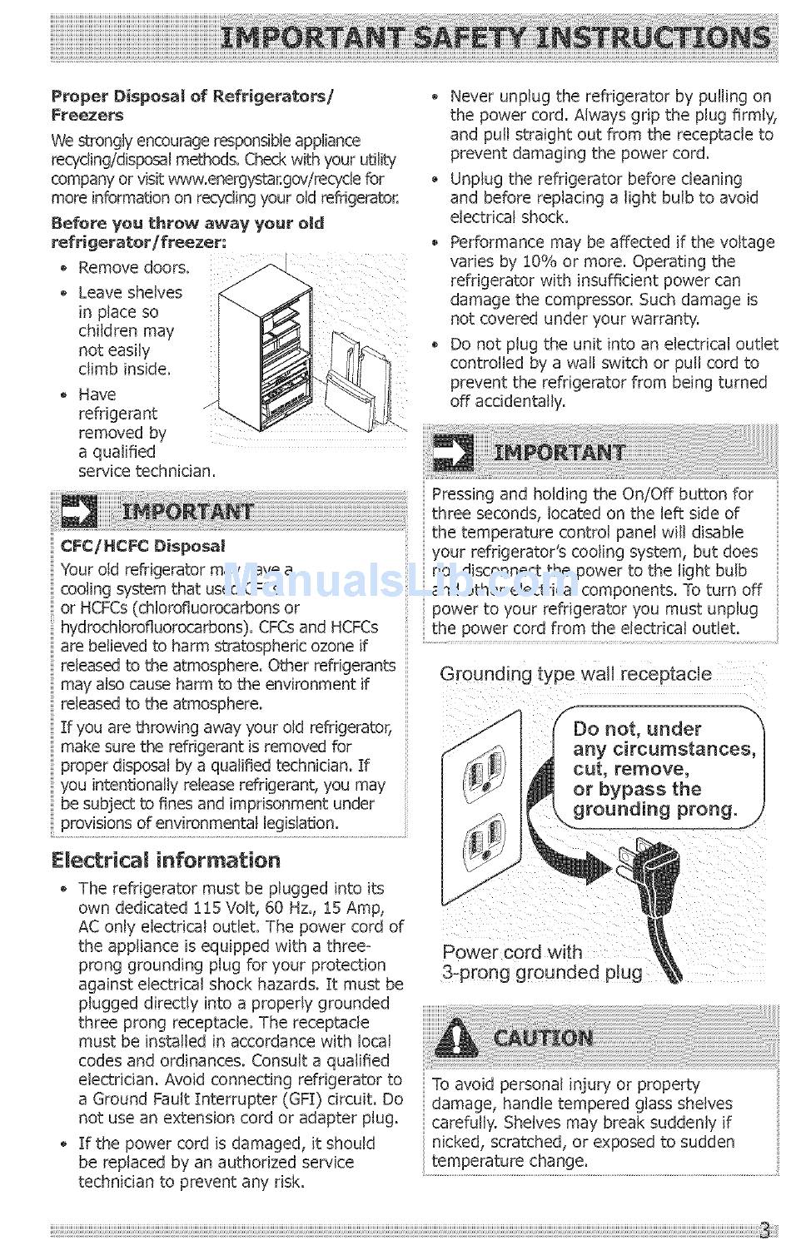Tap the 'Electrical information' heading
(x=166, y=860)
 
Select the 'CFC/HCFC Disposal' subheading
(x=142, y=546)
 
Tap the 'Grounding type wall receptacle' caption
(x=575, y=673)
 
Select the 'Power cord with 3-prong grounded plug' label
(x=541, y=962)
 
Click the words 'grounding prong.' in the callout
(x=655, y=809)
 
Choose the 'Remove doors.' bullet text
(x=134, y=267)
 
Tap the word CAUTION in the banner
(x=543, y=1038)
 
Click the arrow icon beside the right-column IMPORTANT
(x=453, y=453)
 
